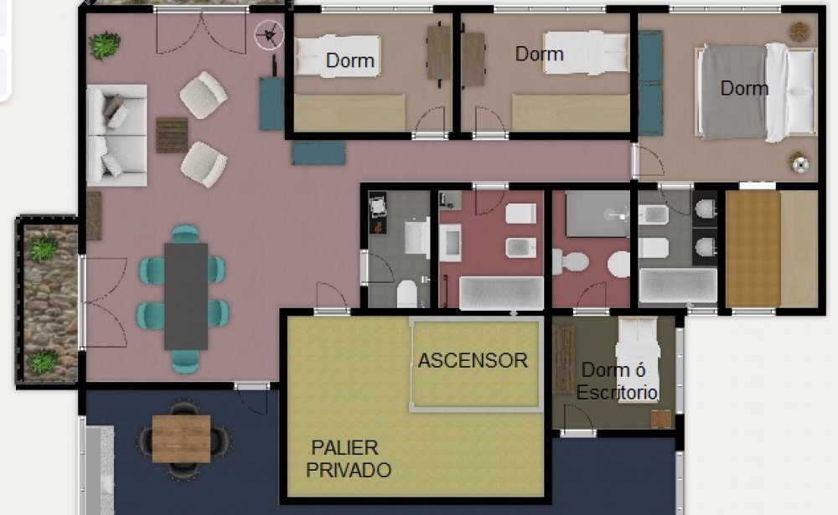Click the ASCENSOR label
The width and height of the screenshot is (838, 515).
tap(473, 361)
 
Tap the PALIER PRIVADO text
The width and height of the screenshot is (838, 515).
tap(349, 458)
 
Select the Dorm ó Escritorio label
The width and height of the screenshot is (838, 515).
tap(617, 381)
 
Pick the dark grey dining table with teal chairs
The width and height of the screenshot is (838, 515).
tap(185, 296)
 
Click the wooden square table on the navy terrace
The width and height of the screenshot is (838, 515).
tap(181, 439)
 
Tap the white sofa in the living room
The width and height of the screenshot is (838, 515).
tap(116, 135)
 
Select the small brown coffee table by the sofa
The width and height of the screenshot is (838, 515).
tap(172, 135)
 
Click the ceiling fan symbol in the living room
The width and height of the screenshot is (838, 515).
tap(268, 35)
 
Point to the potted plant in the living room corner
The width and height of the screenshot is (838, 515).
tap(104, 45)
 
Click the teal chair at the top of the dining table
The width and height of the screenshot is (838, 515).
tap(185, 234)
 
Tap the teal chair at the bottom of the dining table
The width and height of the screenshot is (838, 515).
tap(185, 361)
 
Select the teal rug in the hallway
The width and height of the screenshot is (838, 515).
tap(318, 152)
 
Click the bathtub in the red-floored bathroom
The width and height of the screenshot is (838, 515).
tap(501, 293)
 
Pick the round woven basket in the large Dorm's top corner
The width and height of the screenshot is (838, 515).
tap(799, 32)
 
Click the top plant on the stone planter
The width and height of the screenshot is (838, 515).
tap(43, 248)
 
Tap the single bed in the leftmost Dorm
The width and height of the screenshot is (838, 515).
tap(338, 55)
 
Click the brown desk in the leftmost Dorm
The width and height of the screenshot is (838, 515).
tap(439, 53)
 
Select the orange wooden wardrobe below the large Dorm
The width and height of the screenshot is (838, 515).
tap(753, 250)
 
